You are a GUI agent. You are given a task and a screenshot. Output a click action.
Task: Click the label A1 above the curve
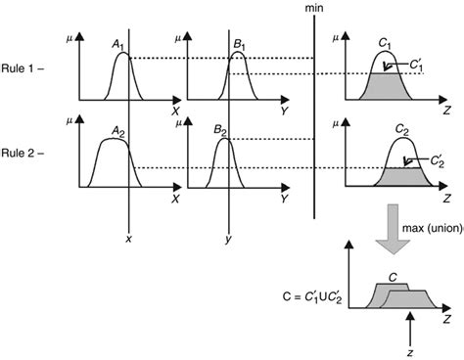(x=118, y=44)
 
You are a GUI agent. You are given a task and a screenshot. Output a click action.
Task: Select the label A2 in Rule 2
(x=117, y=129)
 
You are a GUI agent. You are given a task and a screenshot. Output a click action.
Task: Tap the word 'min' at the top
(x=313, y=7)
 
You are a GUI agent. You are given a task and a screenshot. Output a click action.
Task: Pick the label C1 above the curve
(x=385, y=44)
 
